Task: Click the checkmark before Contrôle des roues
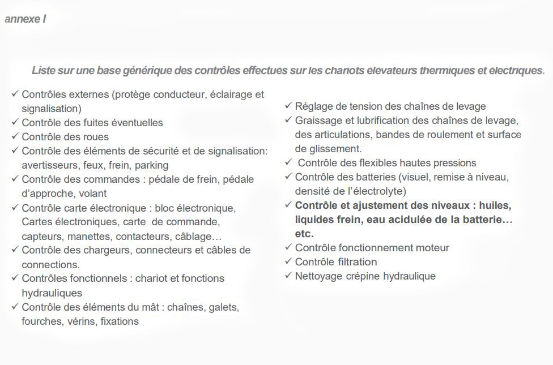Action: pyautogui.click(x=15, y=136)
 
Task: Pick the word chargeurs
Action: pyautogui.click(x=106, y=250)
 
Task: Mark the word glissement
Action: pyautogui.click(x=328, y=149)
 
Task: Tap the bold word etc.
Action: pyautogui.click(x=304, y=233)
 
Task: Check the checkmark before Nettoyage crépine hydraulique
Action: pyautogui.click(x=288, y=276)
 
